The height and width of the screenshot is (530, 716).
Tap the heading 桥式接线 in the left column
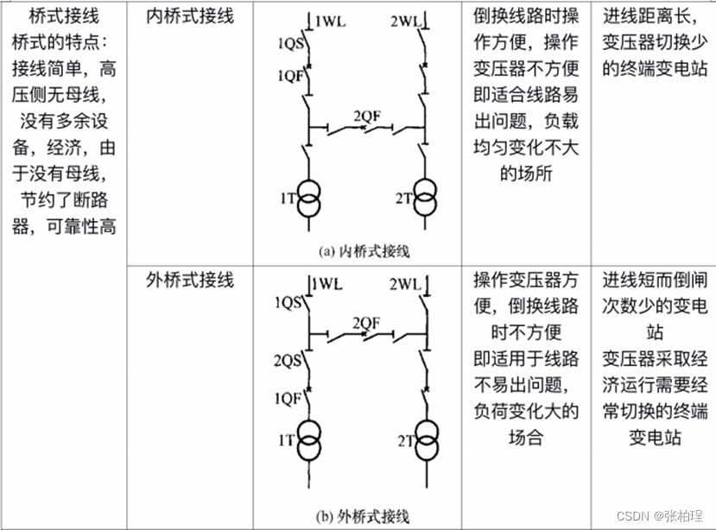pyautogui.click(x=62, y=16)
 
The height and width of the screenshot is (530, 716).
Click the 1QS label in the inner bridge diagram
pyautogui.click(x=289, y=41)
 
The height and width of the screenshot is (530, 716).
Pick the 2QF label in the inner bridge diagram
pyautogui.click(x=367, y=115)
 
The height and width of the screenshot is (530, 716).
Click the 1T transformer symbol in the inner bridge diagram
pyautogui.click(x=309, y=197)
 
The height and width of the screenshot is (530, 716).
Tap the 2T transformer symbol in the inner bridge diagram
pyautogui.click(x=424, y=197)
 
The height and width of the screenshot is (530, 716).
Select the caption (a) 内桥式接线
pyautogui.click(x=364, y=251)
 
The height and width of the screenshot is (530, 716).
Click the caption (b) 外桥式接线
pyautogui.click(x=364, y=516)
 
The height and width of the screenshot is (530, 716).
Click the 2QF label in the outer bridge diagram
pyautogui.click(x=367, y=322)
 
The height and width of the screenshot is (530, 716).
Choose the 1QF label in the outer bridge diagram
pyautogui.click(x=289, y=398)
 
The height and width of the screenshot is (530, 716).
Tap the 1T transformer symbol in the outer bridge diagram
pyautogui.click(x=309, y=439)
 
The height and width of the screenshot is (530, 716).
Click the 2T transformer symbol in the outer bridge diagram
pyautogui.click(x=424, y=439)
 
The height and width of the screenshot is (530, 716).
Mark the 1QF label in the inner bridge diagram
pyautogui.click(x=289, y=75)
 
